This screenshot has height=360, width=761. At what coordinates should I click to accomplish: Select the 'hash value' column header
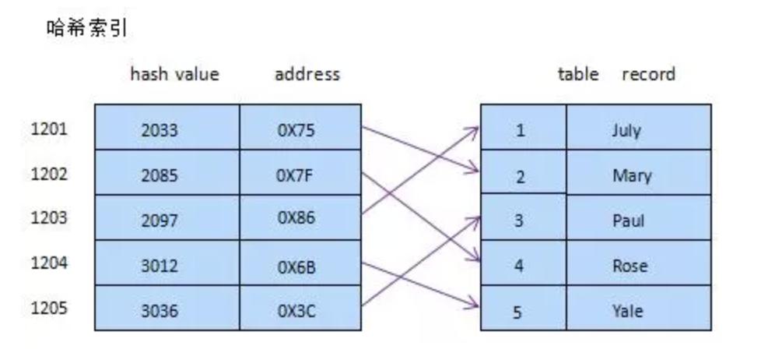tap(174, 75)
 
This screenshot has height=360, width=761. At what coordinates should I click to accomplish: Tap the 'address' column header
tap(307, 75)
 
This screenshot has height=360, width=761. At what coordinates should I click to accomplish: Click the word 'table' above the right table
tap(578, 75)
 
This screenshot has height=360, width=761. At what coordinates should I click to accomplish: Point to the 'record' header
tap(648, 75)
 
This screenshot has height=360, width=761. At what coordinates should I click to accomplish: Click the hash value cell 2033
tap(160, 130)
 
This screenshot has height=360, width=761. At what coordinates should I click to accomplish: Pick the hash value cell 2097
tap(160, 221)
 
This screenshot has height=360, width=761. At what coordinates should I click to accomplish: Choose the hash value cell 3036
tap(160, 311)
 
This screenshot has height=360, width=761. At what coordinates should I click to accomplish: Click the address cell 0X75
tap(296, 130)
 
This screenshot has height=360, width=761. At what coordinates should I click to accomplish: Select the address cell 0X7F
tap(296, 175)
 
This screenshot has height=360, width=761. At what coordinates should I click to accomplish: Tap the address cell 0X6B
tap(296, 266)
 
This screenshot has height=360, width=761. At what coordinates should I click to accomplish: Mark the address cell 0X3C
tap(296, 311)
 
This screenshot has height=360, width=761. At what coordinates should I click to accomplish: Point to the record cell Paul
tap(628, 221)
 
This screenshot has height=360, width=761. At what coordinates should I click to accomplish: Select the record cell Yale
tap(626, 311)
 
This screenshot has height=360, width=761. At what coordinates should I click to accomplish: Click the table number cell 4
tap(520, 266)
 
